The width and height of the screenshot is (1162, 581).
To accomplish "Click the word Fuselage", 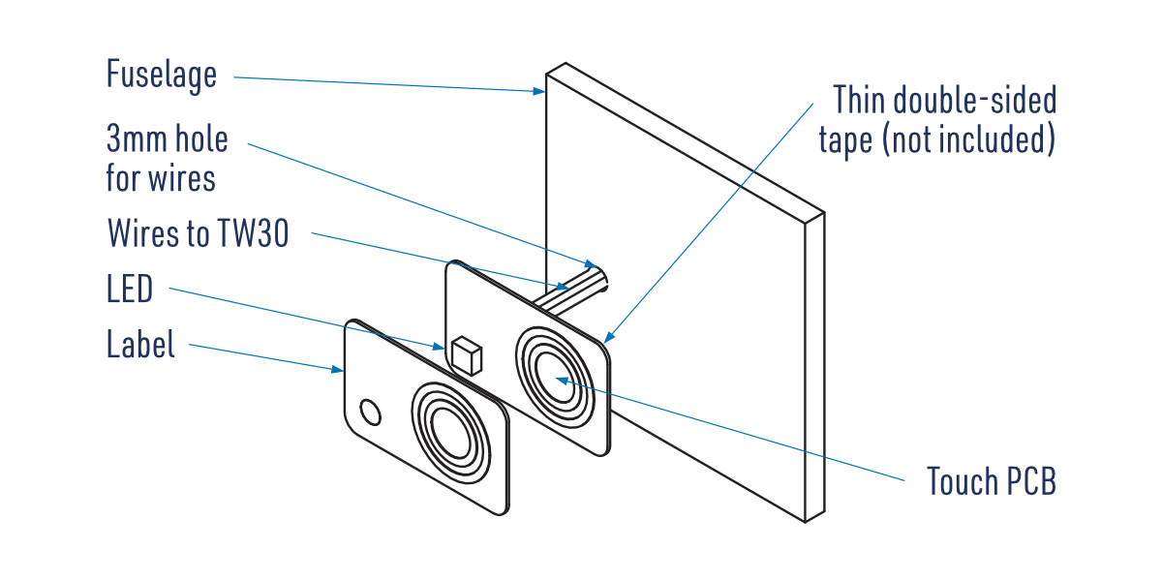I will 162,75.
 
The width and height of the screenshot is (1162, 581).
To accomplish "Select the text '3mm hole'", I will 168,139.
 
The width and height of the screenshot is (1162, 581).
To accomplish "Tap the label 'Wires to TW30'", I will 198,233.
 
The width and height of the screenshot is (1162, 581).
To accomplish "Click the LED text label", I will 130,289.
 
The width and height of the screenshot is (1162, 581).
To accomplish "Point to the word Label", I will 141,345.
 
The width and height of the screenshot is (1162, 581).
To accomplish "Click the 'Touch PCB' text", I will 991,481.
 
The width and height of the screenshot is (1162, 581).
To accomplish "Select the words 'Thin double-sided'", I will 944,100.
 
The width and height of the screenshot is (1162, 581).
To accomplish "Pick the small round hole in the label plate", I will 370,413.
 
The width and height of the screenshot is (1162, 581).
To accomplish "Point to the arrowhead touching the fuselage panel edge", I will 539,92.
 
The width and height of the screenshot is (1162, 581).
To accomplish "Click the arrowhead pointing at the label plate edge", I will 339,369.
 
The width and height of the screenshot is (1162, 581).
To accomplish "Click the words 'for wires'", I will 161,178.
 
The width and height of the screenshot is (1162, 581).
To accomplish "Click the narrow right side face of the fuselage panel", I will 815,368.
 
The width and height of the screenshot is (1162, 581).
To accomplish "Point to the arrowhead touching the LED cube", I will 441,345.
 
